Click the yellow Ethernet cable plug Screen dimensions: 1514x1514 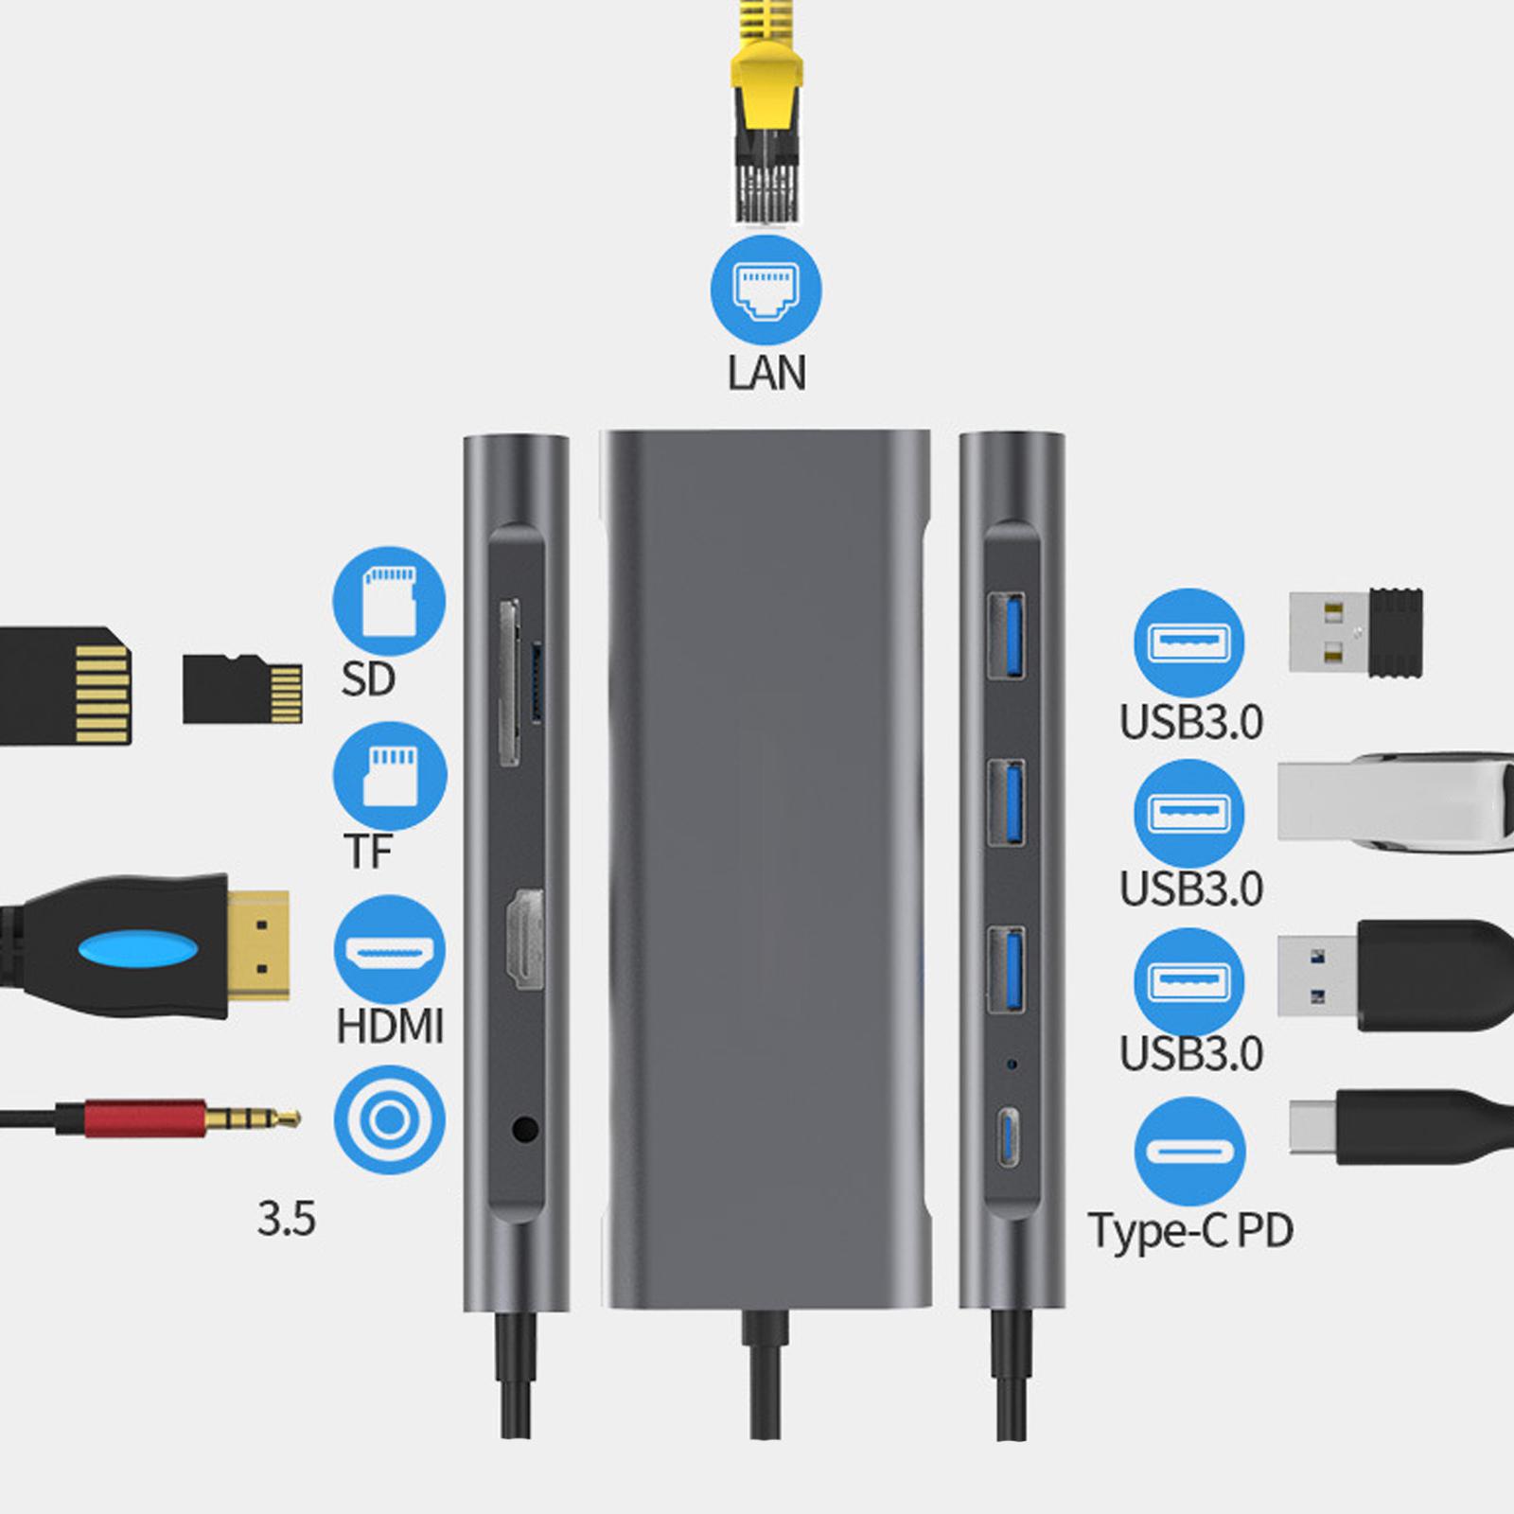coord(766,114)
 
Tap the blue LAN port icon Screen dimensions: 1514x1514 coord(766,290)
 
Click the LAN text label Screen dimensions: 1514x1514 coord(766,373)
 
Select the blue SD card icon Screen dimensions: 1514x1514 coord(389,602)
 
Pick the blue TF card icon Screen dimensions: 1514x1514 coord(389,776)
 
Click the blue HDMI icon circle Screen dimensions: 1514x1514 coord(389,950)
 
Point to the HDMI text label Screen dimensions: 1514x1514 coord(390,1026)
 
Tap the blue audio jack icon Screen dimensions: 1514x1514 coord(389,1120)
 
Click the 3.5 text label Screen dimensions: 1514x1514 coord(286,1219)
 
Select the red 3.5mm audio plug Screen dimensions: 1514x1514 coord(142,1118)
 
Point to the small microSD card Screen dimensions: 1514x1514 coord(242,689)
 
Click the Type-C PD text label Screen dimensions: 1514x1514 coord(1190,1230)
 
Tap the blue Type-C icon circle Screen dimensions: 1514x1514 coord(1189,1152)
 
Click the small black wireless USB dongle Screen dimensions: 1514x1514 coord(1357,632)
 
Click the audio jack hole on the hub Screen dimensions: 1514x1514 coord(524,1129)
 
